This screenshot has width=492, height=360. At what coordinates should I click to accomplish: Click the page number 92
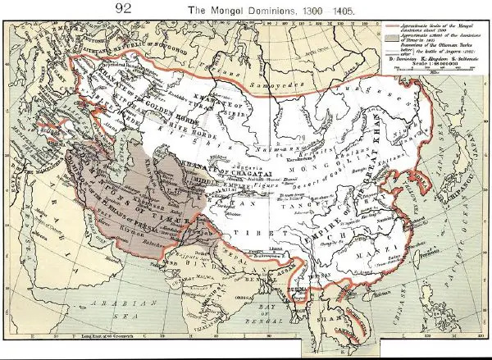[125, 9]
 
